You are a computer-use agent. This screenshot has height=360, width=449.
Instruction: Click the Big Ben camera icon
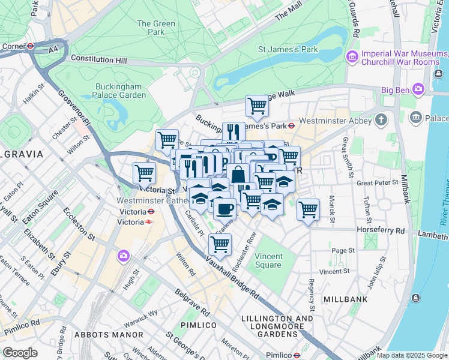(x=418, y=90)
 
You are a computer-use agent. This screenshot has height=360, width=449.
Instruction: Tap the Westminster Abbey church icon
(x=381, y=120)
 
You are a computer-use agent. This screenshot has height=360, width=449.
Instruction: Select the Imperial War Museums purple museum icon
(x=352, y=58)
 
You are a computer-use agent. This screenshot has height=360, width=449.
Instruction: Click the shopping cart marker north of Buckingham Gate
(x=257, y=106)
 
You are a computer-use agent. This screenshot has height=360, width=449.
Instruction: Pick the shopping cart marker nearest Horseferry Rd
(x=308, y=210)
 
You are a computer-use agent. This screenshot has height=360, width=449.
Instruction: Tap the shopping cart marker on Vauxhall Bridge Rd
(x=220, y=244)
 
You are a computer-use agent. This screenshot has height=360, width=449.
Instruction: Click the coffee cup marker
(x=224, y=209)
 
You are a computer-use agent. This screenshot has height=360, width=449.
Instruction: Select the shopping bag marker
(x=238, y=175)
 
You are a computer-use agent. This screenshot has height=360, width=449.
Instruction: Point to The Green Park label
(x=156, y=28)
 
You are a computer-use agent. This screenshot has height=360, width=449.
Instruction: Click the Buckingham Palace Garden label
(x=120, y=91)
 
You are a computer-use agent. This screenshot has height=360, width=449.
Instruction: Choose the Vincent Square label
(x=268, y=260)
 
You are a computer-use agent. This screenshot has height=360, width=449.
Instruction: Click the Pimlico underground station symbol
(x=297, y=355)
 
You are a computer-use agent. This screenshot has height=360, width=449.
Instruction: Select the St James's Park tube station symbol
(x=291, y=126)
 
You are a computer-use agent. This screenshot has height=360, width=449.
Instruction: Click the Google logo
(x=20, y=353)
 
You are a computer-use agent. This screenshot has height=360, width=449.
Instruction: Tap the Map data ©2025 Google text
(x=412, y=355)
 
